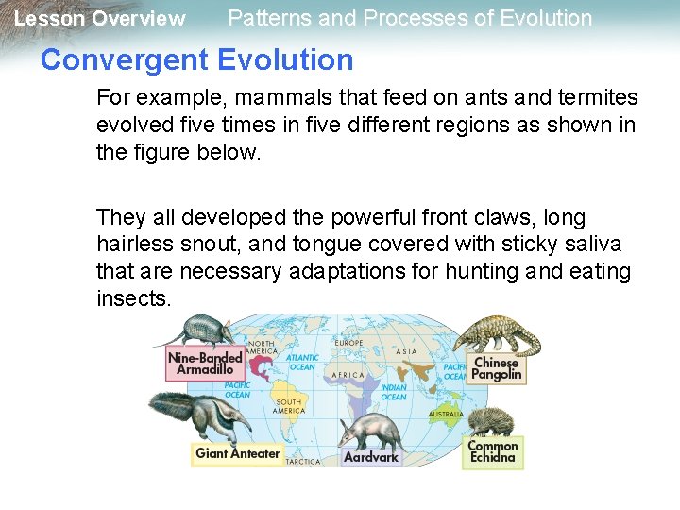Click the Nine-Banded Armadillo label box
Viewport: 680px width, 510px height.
click(204, 364)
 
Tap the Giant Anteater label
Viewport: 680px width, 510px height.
click(237, 453)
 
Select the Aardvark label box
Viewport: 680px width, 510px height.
click(371, 457)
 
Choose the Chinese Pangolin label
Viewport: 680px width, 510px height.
click(497, 368)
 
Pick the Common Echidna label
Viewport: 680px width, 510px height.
click(493, 451)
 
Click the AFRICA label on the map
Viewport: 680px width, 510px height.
click(348, 375)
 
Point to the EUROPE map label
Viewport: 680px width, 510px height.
click(348, 343)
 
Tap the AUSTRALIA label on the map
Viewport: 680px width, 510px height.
click(446, 415)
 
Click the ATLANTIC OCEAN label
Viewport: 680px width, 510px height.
click(302, 362)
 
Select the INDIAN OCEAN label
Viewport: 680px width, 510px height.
click(394, 392)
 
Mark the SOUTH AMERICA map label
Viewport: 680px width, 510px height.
click(288, 407)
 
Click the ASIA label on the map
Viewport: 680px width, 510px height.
click(406, 351)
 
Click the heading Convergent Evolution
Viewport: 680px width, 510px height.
click(196, 60)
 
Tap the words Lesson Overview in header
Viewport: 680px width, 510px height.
click(99, 19)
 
